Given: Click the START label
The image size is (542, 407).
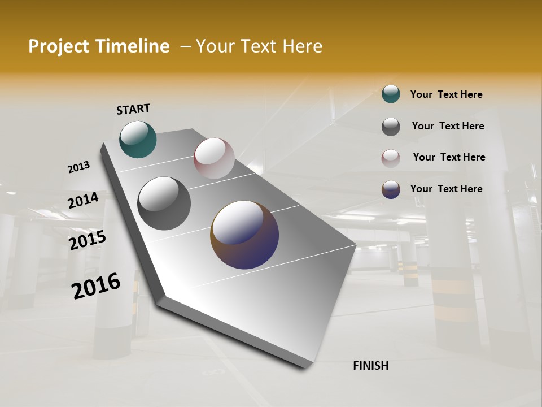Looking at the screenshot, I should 133,109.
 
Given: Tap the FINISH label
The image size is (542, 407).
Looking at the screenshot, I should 370,366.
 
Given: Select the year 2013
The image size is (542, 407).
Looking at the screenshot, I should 78,167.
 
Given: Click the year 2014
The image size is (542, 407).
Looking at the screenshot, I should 83,201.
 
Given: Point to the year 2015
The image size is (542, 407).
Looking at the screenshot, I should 87,240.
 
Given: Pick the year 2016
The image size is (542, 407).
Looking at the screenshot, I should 96,285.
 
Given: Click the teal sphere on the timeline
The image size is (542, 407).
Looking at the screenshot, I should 138,139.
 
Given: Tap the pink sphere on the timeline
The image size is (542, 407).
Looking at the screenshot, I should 214,158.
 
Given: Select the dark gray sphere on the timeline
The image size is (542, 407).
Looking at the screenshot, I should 164,203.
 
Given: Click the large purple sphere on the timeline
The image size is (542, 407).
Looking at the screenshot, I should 244,235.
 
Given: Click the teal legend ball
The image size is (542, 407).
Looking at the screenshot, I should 391,94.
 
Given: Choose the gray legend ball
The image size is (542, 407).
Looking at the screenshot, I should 391,127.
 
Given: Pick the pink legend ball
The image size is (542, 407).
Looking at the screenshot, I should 391,158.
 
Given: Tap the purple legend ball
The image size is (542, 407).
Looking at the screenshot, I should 391,189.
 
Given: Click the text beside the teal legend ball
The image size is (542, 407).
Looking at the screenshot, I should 446,94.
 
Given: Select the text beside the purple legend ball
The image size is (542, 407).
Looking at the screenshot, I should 446,189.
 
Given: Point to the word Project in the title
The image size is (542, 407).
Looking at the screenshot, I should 58,46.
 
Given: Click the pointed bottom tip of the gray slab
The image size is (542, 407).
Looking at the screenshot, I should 305,366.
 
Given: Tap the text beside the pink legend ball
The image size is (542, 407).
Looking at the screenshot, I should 449,157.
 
